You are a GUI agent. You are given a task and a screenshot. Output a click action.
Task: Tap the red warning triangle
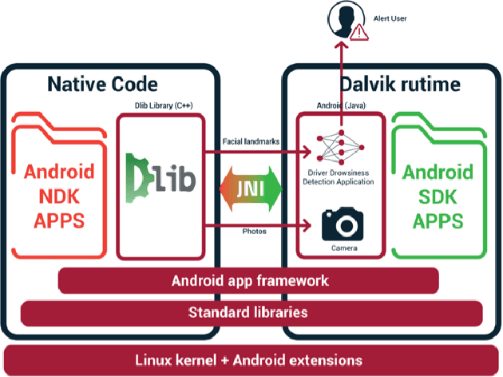click(360, 33)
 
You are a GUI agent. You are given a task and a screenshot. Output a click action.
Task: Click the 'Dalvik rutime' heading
click(388, 83)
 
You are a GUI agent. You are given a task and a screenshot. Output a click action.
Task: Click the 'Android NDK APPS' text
click(59, 195)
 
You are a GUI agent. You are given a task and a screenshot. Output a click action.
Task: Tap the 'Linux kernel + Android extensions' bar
click(252, 359)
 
